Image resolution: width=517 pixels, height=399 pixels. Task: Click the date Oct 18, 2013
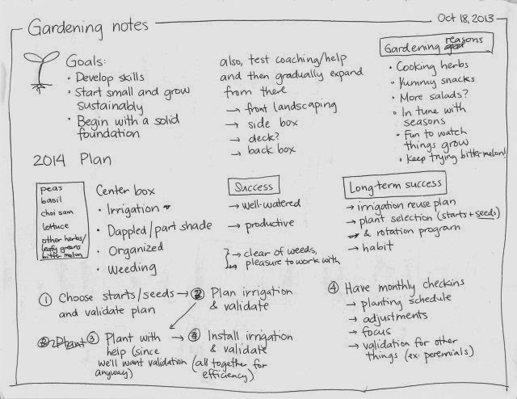click(470, 16)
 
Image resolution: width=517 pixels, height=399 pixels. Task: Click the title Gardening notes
click(88, 27)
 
